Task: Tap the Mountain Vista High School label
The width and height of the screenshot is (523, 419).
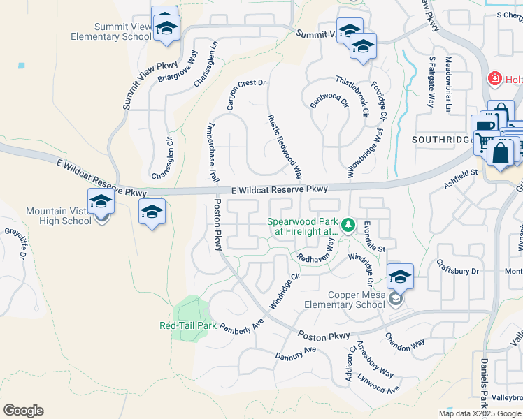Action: [x=59, y=216]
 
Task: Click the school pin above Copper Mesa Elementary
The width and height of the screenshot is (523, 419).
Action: [x=400, y=277]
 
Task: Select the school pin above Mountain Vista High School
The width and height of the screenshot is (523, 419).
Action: [x=101, y=202]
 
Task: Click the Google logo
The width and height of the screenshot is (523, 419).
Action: [x=23, y=411]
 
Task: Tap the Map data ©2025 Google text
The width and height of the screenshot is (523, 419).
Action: [x=480, y=413]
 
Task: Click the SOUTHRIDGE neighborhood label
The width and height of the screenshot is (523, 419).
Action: [x=443, y=140]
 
